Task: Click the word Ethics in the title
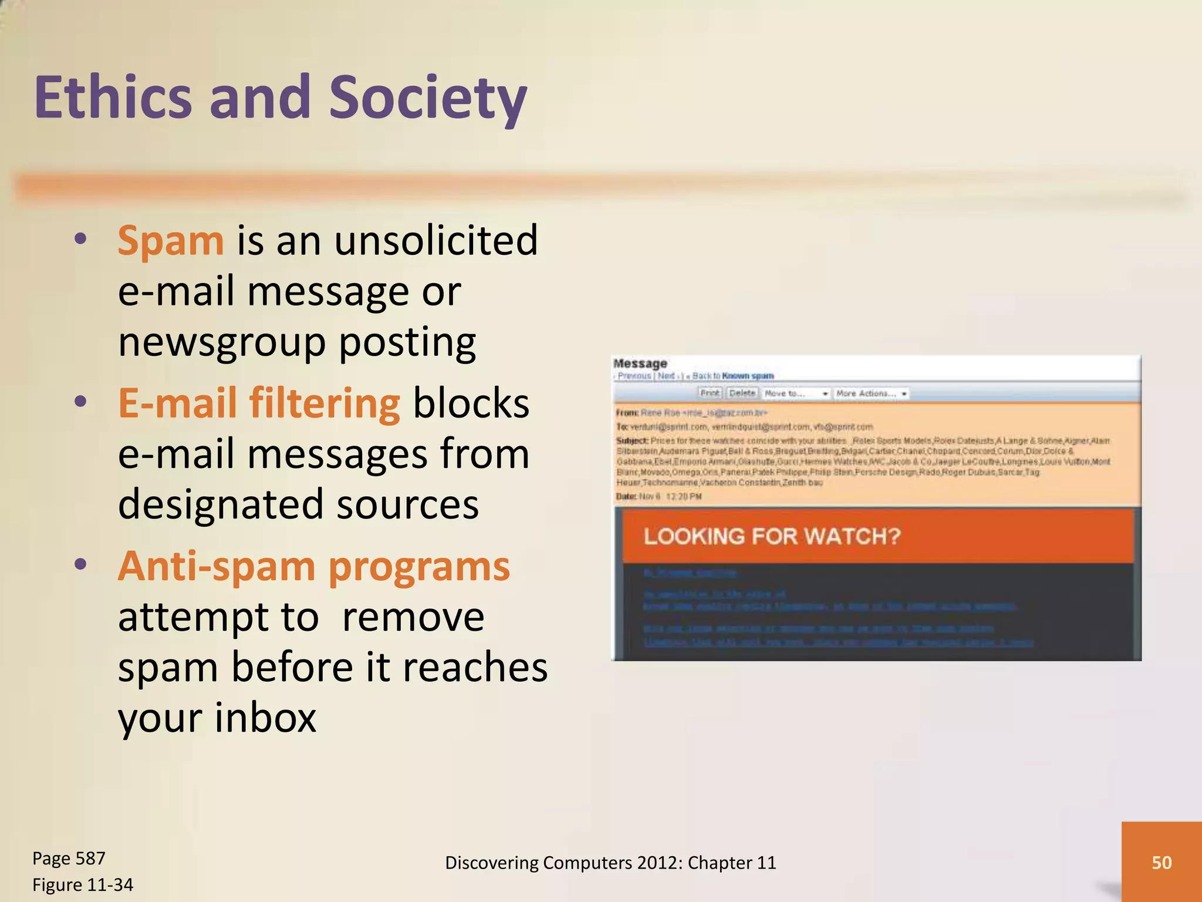point(113,97)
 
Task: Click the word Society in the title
point(427,97)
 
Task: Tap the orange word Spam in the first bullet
point(170,241)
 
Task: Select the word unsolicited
point(435,241)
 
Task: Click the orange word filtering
point(325,404)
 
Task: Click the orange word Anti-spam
point(217,567)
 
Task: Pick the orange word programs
point(419,568)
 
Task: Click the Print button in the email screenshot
point(710,393)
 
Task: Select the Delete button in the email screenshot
point(742,393)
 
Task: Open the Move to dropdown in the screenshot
point(796,393)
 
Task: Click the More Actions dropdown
point(872,393)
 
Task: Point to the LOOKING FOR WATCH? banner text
point(772,536)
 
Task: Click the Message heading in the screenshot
point(640,364)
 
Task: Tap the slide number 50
point(1162,862)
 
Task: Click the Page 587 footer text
point(69,859)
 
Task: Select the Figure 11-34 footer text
point(83,884)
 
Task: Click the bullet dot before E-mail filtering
point(81,402)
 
